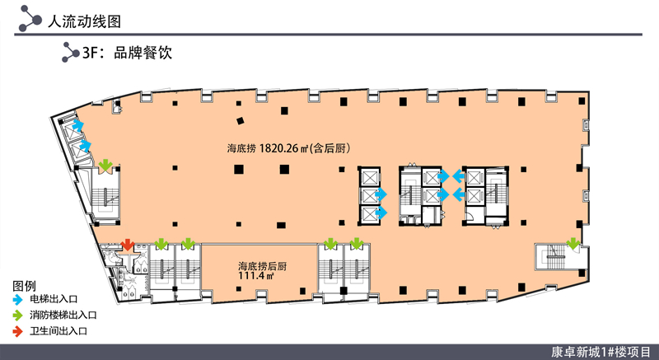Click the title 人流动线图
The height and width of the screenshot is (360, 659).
coord(85,21)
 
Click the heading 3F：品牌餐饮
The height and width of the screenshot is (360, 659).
coord(127,53)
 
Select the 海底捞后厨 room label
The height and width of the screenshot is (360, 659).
coord(263,266)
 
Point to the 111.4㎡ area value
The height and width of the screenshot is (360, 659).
coord(256,276)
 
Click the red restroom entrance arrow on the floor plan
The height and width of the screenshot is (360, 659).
coord(128,245)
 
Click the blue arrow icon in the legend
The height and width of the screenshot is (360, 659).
coord(17,300)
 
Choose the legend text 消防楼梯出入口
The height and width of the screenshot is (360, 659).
coord(63,315)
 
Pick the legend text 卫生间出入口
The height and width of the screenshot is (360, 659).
coord(58,331)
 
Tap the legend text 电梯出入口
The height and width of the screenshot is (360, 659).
coord(54,300)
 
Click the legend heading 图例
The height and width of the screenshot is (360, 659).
coord(25,286)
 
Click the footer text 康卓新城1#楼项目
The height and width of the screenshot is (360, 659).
coord(601,352)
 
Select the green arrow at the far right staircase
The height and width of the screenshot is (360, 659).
coord(573,244)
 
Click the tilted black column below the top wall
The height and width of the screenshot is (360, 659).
coord(241,121)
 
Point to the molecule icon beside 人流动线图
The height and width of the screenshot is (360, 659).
coord(30,19)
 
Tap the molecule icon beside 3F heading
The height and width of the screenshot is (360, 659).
coord(70,53)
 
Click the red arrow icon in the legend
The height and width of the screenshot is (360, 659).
coord(17,331)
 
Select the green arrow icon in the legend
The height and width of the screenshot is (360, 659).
coord(17,316)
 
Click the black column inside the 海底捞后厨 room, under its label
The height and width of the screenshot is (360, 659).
coord(239,289)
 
